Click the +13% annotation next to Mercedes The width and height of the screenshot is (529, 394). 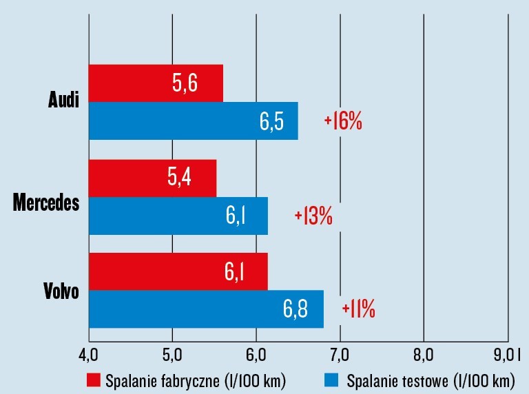(313, 216)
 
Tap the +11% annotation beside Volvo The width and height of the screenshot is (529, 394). (358, 309)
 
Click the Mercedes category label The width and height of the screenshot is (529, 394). (47, 203)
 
